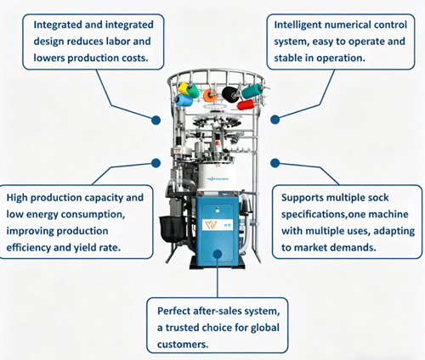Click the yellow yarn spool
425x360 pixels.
(x=183, y=88)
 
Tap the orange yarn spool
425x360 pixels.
(x=210, y=96)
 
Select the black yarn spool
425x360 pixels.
(x=230, y=93)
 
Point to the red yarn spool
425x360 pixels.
(x=246, y=104)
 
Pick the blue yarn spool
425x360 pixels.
(x=184, y=100)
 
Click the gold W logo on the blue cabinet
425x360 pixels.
(x=211, y=225)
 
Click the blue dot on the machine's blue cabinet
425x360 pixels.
(x=218, y=254)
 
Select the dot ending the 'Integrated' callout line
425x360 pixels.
(x=156, y=120)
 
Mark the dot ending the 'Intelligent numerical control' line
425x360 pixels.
(x=275, y=120)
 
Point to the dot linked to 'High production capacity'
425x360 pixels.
(x=156, y=163)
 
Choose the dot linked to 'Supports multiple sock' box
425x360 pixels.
(x=275, y=163)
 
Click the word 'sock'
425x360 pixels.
(x=378, y=198)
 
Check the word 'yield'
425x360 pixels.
(x=85, y=248)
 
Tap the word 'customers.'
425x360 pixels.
(x=183, y=345)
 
